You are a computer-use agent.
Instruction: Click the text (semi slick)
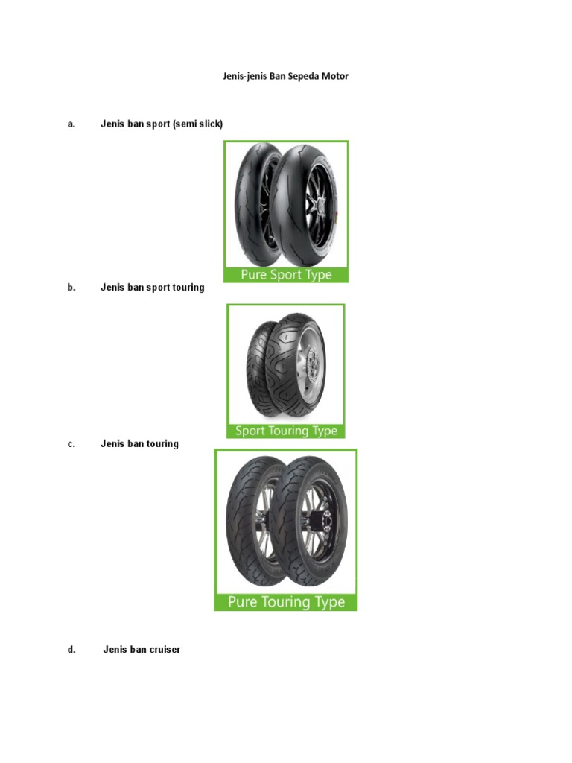coord(197,124)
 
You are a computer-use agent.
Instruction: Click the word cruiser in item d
coord(164,649)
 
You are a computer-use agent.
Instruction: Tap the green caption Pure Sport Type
coord(286,275)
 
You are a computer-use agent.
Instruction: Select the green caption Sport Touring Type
coord(286,431)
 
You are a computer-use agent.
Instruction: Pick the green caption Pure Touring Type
coord(286,601)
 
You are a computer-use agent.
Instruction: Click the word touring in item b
coord(186,287)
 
